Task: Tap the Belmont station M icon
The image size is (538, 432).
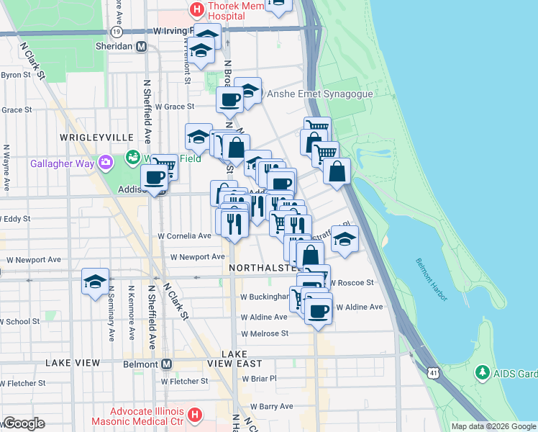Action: pyautogui.click(x=166, y=364)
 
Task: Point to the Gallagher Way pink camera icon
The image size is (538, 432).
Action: pyautogui.click(x=106, y=163)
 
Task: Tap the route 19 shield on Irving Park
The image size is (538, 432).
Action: pyautogui.click(x=116, y=32)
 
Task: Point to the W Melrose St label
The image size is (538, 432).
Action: pyautogui.click(x=265, y=333)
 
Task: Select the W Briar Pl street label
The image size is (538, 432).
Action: pyautogui.click(x=259, y=377)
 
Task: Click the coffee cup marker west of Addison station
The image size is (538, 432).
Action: pyautogui.click(x=153, y=177)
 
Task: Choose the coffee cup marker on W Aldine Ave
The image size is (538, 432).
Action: pyautogui.click(x=318, y=311)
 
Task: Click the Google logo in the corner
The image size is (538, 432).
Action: pyautogui.click(x=24, y=423)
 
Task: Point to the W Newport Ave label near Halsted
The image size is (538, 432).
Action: pyautogui.click(x=198, y=256)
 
